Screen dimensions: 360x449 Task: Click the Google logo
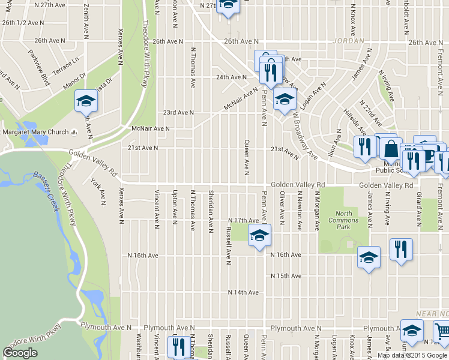click(x=20, y=352)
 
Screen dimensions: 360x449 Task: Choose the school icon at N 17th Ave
click(x=259, y=235)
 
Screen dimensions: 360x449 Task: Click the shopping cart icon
click(x=441, y=331)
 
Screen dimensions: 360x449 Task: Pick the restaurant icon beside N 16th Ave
click(x=400, y=249)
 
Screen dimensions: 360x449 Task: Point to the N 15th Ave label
click(x=286, y=276)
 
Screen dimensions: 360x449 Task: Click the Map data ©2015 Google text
click(x=412, y=355)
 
